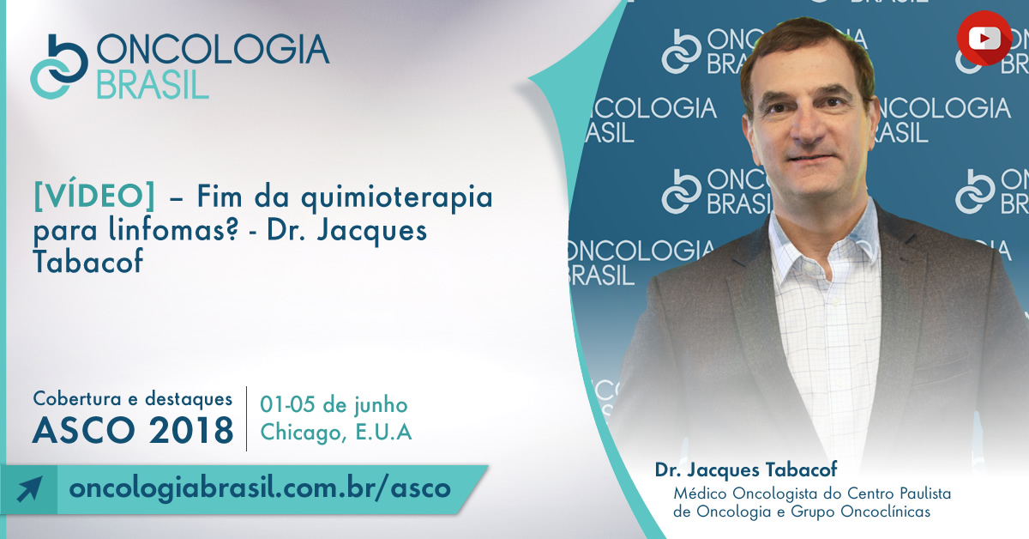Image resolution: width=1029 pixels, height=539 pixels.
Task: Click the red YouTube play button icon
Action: coord(984,38)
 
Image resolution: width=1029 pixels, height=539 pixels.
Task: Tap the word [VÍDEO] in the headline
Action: coord(94,196)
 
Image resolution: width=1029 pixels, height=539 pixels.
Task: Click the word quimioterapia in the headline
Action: coord(397,197)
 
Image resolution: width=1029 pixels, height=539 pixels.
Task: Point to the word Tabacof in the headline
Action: coord(87,261)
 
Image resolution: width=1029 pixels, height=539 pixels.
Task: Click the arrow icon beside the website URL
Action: coord(29,488)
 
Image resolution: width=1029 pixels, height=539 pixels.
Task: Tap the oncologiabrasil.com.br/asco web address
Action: coord(260,488)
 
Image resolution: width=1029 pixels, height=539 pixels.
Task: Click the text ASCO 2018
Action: coord(133,431)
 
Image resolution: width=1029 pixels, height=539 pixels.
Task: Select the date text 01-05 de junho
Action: coord(334,405)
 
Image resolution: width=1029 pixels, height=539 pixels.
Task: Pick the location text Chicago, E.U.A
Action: coord(336,432)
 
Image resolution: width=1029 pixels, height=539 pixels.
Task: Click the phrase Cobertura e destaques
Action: coord(133,398)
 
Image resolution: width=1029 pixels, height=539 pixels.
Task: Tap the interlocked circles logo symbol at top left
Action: coord(59,67)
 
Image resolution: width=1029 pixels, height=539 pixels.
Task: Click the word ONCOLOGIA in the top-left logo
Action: coord(213,49)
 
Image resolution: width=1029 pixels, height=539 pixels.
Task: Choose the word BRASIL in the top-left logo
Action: coord(153,85)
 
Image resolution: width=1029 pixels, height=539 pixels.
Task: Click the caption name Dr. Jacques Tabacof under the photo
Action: coord(746,469)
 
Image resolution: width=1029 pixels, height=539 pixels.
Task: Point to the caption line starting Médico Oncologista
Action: coord(812,494)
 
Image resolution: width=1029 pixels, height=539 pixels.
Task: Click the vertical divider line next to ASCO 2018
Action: coord(247,419)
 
